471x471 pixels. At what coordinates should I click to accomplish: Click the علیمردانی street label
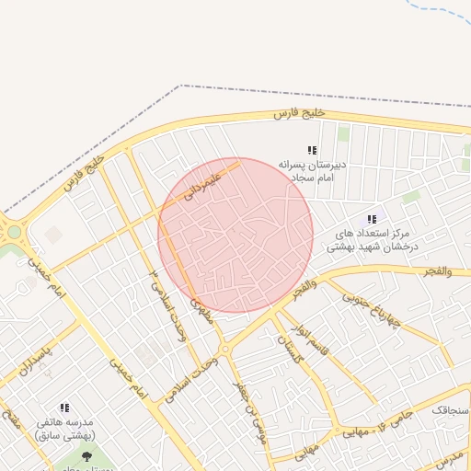tap(204, 182)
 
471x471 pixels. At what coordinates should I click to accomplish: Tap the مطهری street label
tap(201, 313)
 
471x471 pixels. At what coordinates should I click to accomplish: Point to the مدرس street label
tap(450, 457)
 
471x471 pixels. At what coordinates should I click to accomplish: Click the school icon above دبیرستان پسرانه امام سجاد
tap(312, 150)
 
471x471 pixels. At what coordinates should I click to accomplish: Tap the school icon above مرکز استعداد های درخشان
tap(372, 219)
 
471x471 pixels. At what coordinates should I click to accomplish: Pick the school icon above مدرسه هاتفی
tap(64, 407)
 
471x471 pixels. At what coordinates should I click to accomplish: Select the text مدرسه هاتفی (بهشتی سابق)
tap(64, 427)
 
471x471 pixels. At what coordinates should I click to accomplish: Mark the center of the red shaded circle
tap(235, 235)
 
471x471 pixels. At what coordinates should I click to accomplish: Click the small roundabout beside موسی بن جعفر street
tap(224, 350)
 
